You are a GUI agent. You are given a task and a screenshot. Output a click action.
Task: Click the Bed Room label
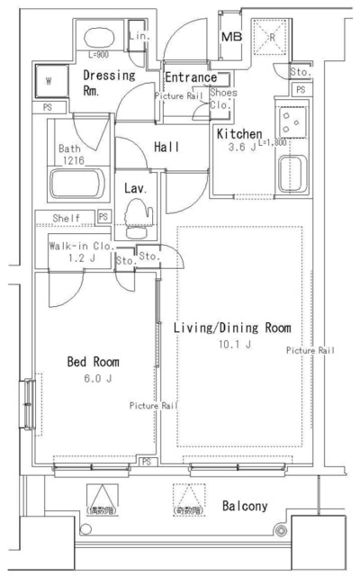(x=94, y=362)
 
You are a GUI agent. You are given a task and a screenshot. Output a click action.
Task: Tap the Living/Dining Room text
(x=232, y=327)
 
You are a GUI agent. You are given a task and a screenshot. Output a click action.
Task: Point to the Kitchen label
(x=238, y=133)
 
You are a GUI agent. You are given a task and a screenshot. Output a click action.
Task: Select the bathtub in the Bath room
(x=78, y=186)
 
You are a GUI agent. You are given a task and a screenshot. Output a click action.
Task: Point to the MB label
(x=231, y=36)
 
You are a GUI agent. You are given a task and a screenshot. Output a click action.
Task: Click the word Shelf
(x=67, y=218)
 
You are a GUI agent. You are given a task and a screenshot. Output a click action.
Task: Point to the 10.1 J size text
(x=233, y=344)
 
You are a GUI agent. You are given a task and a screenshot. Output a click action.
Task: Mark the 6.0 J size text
(x=94, y=379)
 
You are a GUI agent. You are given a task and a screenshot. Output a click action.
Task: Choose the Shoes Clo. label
(x=222, y=98)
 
